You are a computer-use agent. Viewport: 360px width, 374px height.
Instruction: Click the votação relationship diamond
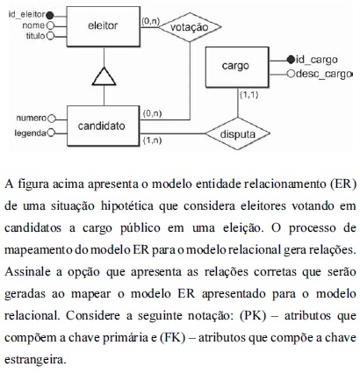pos(190,27)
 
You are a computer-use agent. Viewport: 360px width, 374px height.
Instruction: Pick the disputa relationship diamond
pos(237,134)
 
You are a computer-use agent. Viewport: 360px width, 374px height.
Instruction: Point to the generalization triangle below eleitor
pos(104,76)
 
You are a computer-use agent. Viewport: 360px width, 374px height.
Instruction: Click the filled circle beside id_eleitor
pos(50,15)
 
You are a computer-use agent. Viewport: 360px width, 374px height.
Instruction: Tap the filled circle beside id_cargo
pos(291,60)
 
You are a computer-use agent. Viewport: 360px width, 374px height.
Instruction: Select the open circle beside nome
pos(50,25)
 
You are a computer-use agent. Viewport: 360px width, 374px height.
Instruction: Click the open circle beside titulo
pos(50,36)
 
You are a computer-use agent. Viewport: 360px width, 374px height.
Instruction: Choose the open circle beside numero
pos(52,119)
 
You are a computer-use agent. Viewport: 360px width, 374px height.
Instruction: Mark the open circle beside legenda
pos(51,133)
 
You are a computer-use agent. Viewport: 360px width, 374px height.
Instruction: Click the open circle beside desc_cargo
pos(291,74)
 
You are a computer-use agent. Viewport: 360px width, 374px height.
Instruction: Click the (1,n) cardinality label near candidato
pos(152,140)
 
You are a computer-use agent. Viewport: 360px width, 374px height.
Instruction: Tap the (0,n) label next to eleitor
pos(150,21)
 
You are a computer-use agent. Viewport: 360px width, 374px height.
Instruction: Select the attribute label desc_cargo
pos(323,74)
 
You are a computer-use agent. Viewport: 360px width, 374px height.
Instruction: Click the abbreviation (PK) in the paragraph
pos(253,316)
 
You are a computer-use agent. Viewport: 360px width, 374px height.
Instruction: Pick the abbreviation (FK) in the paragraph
pos(173,338)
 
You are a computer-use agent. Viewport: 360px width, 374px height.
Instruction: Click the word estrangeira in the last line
pos(35,360)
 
